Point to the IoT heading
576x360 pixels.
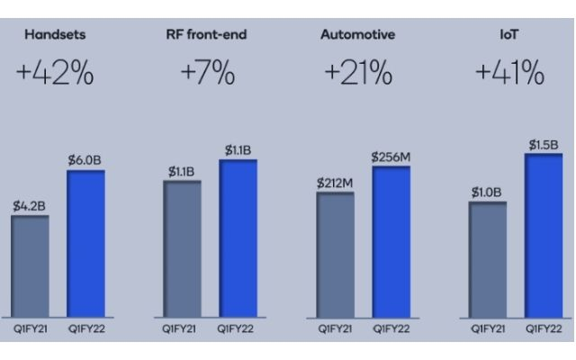[508, 34]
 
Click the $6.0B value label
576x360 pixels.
[85, 160]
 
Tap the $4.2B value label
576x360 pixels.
[29, 206]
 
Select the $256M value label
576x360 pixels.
[391, 157]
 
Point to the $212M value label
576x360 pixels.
[335, 184]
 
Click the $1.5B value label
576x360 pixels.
[543, 145]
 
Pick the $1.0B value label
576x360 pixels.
[487, 192]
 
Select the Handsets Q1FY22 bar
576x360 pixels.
[85, 243]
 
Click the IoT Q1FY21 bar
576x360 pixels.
[487, 260]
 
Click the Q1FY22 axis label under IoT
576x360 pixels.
[543, 329]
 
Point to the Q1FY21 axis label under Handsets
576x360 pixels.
[30, 329]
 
